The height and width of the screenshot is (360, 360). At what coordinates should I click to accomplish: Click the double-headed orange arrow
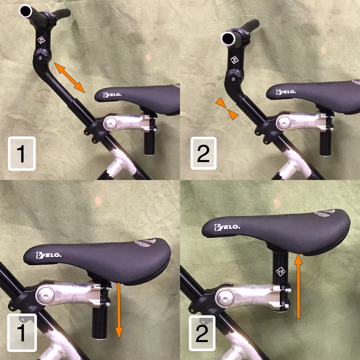pyautogui.click(x=70, y=78)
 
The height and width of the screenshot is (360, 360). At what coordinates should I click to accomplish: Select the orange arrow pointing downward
pyautogui.click(x=119, y=311)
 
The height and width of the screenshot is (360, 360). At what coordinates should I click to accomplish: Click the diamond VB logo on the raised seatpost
pyautogui.click(x=281, y=271)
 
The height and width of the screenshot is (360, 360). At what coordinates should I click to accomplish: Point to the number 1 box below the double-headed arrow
pyautogui.click(x=22, y=154)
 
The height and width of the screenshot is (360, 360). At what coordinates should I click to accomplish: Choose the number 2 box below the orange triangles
pyautogui.click(x=204, y=153)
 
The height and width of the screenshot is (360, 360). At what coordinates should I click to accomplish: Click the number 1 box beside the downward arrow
pyautogui.click(x=22, y=333)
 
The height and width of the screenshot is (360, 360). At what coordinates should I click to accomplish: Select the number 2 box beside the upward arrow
pyautogui.click(x=202, y=333)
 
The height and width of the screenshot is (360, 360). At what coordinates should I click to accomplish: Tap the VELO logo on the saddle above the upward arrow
pyautogui.click(x=227, y=227)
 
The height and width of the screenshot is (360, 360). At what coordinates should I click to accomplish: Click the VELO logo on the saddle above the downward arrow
pyautogui.click(x=49, y=255)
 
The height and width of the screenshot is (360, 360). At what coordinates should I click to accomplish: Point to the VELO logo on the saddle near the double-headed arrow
pyautogui.click(x=112, y=95)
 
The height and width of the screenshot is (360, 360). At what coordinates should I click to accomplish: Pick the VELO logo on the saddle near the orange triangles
pyautogui.click(x=286, y=92)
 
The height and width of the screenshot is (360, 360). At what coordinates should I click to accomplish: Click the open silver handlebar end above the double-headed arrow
pyautogui.click(x=26, y=11)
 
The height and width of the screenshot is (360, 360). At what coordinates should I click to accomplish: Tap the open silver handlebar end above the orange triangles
pyautogui.click(x=228, y=38)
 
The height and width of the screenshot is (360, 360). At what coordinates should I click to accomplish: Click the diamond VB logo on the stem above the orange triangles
pyautogui.click(x=234, y=60)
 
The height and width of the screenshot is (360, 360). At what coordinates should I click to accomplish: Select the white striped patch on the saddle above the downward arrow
pyautogui.click(x=145, y=243)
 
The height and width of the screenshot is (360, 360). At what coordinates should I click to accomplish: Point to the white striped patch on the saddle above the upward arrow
pyautogui.click(x=324, y=213)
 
